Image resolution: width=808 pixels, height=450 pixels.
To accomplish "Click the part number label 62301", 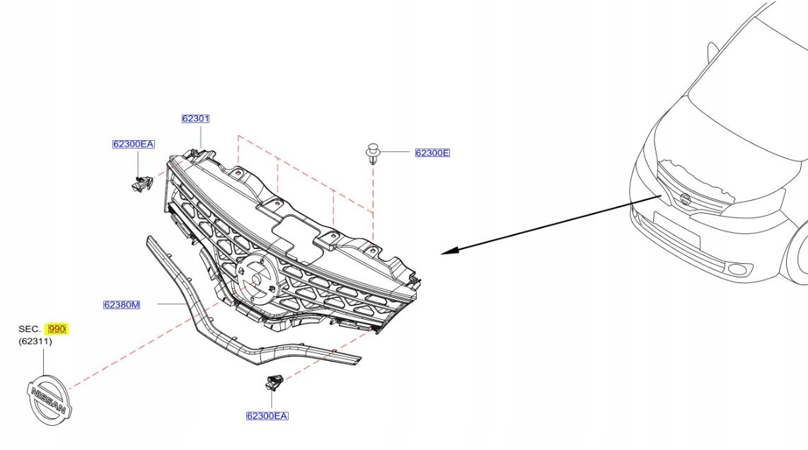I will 195,119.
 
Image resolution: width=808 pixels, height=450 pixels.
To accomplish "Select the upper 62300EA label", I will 133,144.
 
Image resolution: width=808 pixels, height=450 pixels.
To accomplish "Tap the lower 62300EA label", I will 267,416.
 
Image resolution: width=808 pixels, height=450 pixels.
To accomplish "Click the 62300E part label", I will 432,153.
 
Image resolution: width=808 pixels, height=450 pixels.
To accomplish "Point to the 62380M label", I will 122,305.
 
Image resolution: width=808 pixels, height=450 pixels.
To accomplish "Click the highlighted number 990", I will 57,330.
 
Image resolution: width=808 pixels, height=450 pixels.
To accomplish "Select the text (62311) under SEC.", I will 35,342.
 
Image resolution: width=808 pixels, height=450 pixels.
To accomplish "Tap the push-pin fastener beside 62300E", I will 372,153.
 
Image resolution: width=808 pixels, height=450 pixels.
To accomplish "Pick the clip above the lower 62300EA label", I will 274,383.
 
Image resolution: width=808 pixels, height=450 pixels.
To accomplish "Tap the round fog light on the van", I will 739,269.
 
